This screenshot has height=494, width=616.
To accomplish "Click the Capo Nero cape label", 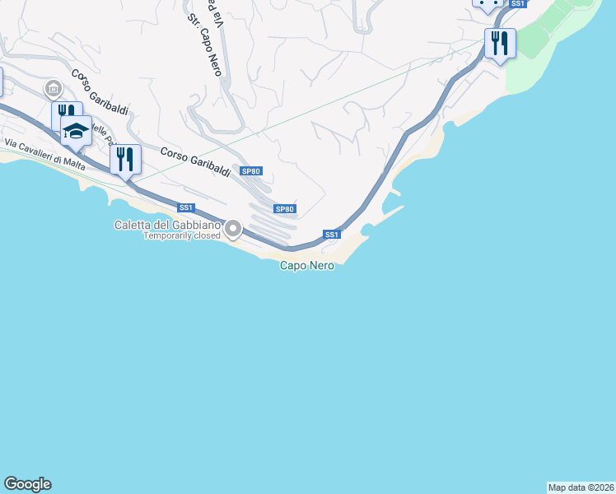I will point(307,265).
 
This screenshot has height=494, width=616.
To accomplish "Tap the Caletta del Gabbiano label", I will point(168,225).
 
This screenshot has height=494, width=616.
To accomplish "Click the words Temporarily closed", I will point(182,235).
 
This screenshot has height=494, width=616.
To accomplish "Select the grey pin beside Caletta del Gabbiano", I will point(233,230).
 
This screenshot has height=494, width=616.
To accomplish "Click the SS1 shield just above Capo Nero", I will point(332,235).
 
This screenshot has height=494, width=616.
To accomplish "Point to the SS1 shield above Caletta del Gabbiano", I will point(186,207).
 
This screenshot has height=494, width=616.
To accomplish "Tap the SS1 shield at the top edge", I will point(517,4).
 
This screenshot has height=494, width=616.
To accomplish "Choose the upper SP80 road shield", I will point(251,171).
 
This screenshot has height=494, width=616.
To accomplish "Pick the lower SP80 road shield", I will point(285,209).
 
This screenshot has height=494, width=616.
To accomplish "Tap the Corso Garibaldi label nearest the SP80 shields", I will point(195,161).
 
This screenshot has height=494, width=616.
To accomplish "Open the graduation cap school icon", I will point(76,130).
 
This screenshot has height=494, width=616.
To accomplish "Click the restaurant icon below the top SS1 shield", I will point(499,42).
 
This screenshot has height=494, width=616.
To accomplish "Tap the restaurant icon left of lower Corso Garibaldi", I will point(125,159).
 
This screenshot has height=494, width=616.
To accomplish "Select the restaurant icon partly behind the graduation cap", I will point(63,114).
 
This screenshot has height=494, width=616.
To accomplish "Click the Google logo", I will point(27,484).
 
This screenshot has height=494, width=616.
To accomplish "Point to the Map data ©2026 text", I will point(581,487).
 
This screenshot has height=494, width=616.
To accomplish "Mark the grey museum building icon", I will point(54,87).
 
